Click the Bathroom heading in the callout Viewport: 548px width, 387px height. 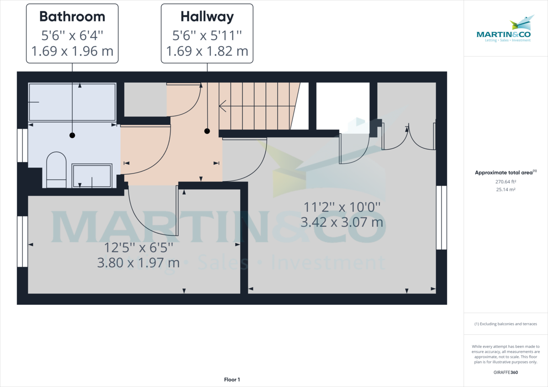pyautogui.click(x=72, y=17)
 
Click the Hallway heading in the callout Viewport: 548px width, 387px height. pyautogui.click(x=207, y=17)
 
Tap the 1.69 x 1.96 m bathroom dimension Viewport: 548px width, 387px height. pyautogui.click(x=72, y=51)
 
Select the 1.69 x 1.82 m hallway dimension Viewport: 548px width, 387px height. pyautogui.click(x=207, y=51)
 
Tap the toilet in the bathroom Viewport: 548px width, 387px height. pyautogui.click(x=56, y=170)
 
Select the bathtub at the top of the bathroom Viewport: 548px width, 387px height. pyautogui.click(x=72, y=102)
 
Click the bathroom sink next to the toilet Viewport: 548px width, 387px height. pyautogui.click(x=92, y=176)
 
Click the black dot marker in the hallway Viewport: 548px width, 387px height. pyautogui.click(x=207, y=131)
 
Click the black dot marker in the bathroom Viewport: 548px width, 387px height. pyautogui.click(x=72, y=135)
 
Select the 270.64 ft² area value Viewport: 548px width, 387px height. pyautogui.click(x=506, y=181)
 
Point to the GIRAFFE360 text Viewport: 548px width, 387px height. pyautogui.click(x=506, y=372)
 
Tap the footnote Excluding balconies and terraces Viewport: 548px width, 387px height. pyautogui.click(x=506, y=324)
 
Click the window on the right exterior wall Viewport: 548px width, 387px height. pyautogui.click(x=441, y=218)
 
